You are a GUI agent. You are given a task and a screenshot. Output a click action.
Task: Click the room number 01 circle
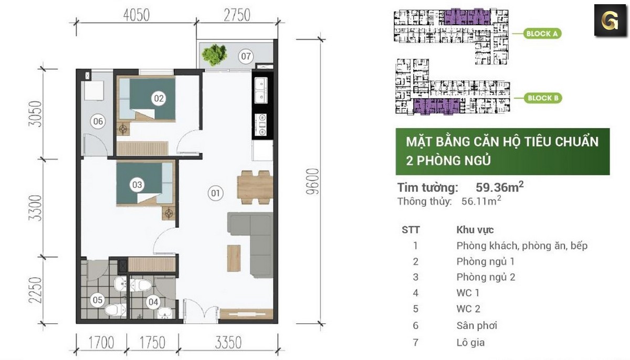pyautogui.click(x=215, y=194)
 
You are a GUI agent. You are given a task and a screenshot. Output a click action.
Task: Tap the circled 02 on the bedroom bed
pyautogui.click(x=158, y=98)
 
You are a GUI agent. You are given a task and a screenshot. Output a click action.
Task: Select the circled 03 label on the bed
pyautogui.click(x=138, y=184)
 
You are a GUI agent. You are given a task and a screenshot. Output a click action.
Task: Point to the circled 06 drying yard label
pyautogui.click(x=98, y=122)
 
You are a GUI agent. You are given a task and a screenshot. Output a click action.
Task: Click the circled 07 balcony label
pyautogui.click(x=246, y=55)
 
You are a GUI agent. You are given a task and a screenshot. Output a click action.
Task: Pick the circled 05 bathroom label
pyautogui.click(x=98, y=301)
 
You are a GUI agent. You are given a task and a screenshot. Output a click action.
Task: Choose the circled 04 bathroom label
pyautogui.click(x=153, y=302)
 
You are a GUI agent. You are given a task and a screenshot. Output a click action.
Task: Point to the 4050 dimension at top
pyautogui.click(x=136, y=15)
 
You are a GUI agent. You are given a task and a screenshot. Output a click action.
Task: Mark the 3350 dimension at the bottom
pyautogui.click(x=228, y=343)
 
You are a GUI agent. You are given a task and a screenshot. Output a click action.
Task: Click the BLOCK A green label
pyautogui.click(x=542, y=34)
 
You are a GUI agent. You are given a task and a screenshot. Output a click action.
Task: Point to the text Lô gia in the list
pyautogui.click(x=470, y=343)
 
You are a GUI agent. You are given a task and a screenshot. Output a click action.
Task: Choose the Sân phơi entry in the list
pyautogui.click(x=477, y=325)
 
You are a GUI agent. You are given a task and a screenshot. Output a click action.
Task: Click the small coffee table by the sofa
pyautogui.click(x=234, y=258)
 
